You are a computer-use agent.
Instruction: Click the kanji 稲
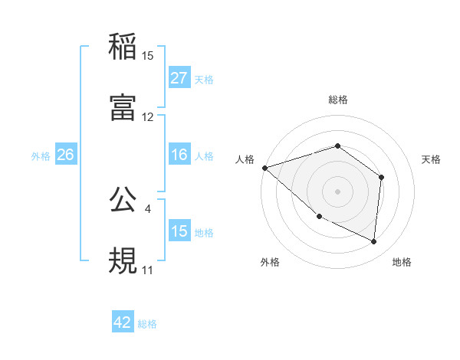click(x=123, y=47)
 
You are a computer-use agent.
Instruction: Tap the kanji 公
click(x=123, y=198)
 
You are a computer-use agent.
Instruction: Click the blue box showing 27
click(x=179, y=78)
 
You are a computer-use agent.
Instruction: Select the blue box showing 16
click(x=179, y=155)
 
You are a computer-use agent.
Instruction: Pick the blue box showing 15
click(x=179, y=231)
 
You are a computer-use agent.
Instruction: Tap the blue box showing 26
click(x=65, y=155)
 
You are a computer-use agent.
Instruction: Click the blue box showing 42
click(x=123, y=322)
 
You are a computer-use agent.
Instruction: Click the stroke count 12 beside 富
click(x=148, y=117)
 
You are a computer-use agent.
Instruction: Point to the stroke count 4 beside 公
click(x=147, y=207)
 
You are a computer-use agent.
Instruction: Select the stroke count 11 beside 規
click(x=147, y=270)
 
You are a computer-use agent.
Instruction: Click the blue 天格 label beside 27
click(x=204, y=79)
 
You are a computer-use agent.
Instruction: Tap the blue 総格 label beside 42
click(x=147, y=323)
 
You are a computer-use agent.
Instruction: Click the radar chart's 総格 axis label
click(x=337, y=100)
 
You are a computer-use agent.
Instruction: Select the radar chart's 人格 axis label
click(x=244, y=159)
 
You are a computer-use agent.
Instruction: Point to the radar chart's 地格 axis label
click(x=402, y=262)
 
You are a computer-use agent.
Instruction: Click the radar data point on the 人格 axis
click(x=264, y=167)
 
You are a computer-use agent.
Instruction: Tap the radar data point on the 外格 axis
click(x=319, y=216)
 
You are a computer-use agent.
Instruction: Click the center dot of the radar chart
click(x=337, y=191)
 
